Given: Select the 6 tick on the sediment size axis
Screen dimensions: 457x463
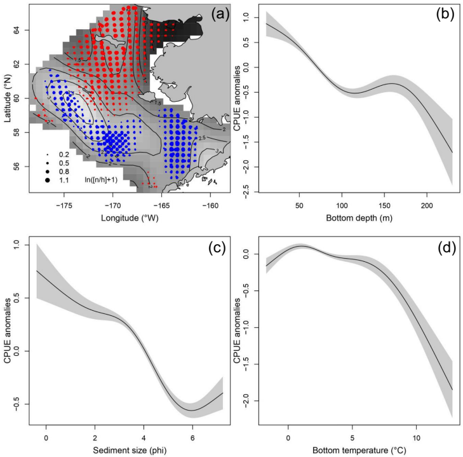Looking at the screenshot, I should [192, 434].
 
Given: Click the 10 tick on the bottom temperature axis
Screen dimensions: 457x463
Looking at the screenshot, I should [417, 434].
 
